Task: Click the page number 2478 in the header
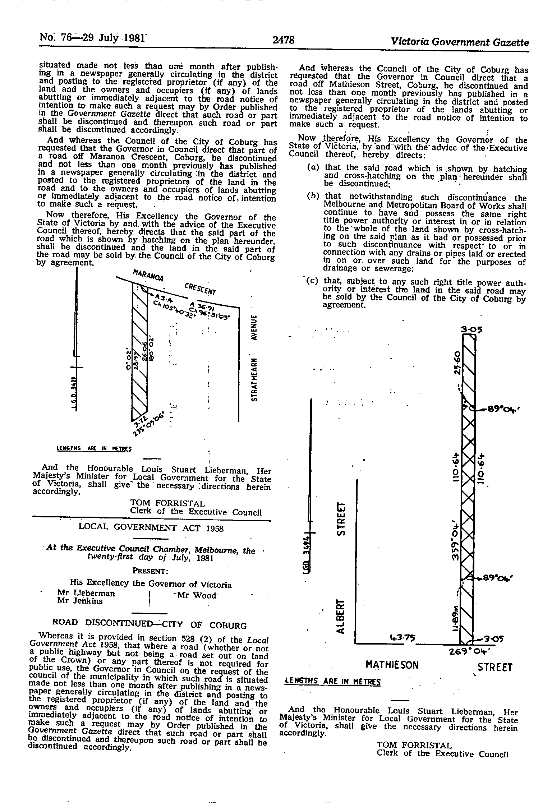coord(283,40)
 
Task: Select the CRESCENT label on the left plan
coord(200,288)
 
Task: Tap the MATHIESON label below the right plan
coord(392,665)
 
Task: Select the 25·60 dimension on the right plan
coord(457,363)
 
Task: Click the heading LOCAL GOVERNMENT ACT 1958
coord(151,528)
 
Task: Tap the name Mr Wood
coord(195,595)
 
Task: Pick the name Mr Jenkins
coord(80,601)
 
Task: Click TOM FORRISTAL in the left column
coord(167,504)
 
